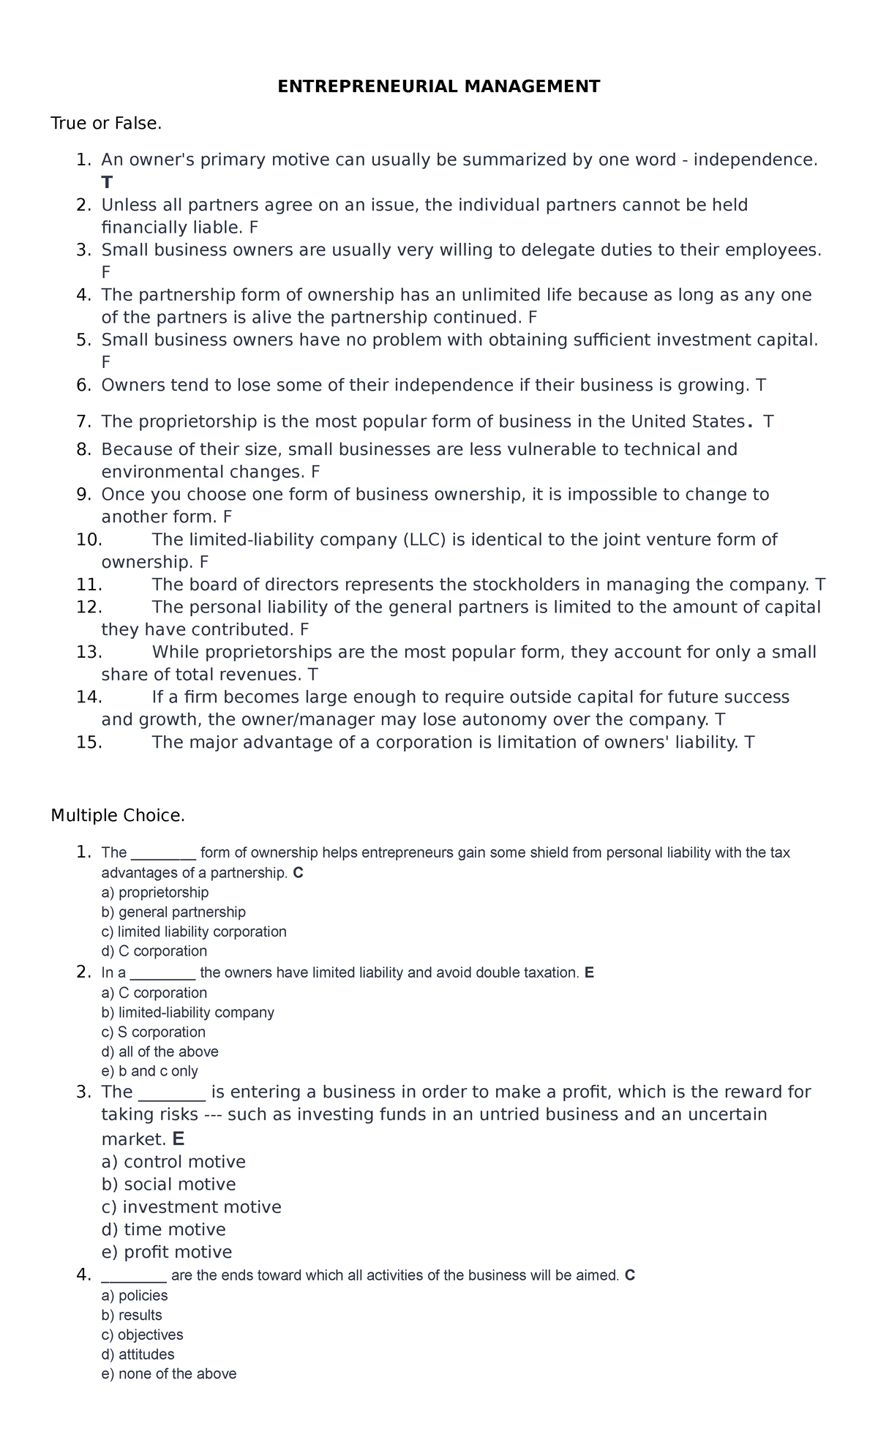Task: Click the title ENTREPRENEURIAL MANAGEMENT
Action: click(x=438, y=87)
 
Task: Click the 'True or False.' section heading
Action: click(x=106, y=124)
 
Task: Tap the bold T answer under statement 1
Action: click(x=108, y=182)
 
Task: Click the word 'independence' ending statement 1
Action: click(x=754, y=160)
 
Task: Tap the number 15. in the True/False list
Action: click(x=89, y=743)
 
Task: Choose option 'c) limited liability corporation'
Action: click(x=194, y=931)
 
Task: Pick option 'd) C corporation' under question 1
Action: click(x=154, y=951)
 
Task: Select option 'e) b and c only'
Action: click(x=150, y=1071)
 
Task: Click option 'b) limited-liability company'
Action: click(x=188, y=1013)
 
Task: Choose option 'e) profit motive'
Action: click(x=167, y=1252)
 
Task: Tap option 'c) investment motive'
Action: click(x=191, y=1207)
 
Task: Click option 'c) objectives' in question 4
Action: click(x=143, y=1335)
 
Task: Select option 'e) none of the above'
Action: click(x=169, y=1374)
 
